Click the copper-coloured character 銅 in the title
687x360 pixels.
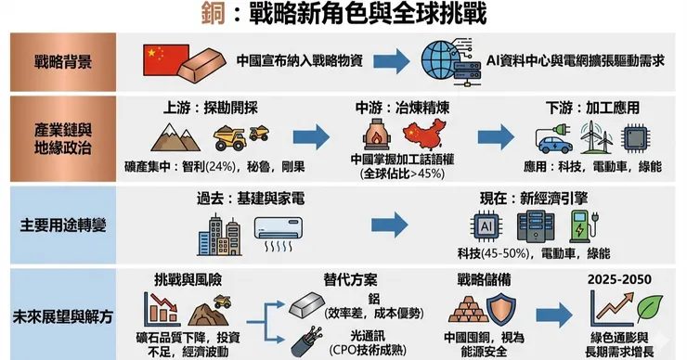[x=213, y=13]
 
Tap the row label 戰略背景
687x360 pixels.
[x=63, y=62]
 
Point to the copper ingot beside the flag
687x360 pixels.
[x=201, y=64]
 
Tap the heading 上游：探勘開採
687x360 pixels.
[x=211, y=108]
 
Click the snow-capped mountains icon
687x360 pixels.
[x=175, y=137]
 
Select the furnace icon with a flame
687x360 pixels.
[x=377, y=134]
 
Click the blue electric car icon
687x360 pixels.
[x=554, y=145]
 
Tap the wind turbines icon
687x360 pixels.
[x=596, y=137]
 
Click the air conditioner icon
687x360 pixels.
[x=279, y=234]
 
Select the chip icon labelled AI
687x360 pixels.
[x=486, y=226]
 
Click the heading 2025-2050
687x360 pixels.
[x=619, y=279]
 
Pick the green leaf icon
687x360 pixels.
[x=650, y=307]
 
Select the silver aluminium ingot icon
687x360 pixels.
[x=306, y=305]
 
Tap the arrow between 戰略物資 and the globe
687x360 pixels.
[x=392, y=61]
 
